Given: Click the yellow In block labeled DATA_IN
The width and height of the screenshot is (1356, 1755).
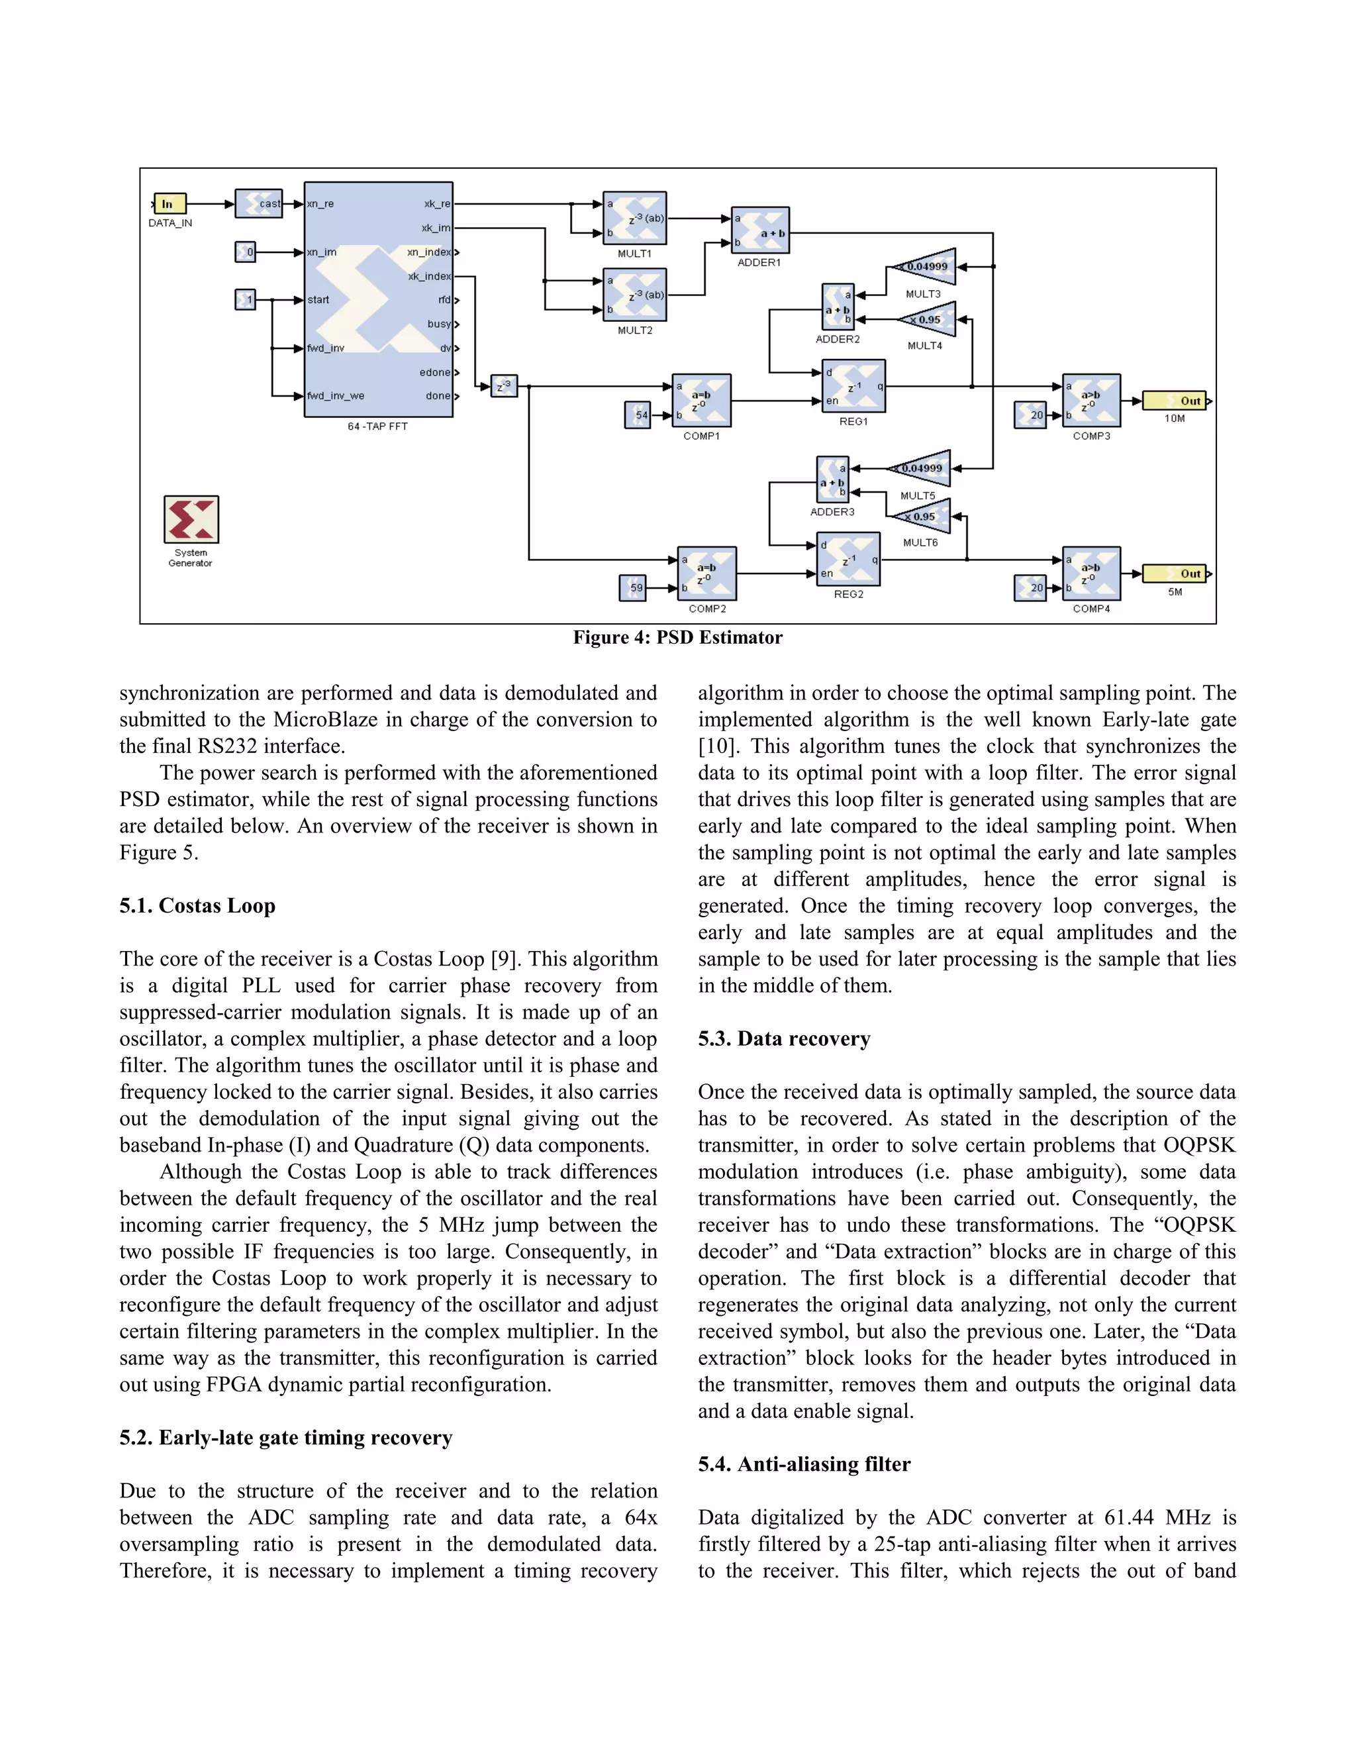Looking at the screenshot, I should (x=169, y=203).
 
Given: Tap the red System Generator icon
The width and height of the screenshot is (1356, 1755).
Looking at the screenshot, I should (x=191, y=519).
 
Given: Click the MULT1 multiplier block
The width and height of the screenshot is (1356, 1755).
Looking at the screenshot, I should (x=634, y=218).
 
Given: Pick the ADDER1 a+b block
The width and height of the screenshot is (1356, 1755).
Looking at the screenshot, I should (x=760, y=230).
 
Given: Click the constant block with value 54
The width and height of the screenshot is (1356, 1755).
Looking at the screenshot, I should (x=638, y=415).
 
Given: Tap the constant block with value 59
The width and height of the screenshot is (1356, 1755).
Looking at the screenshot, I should (x=633, y=587).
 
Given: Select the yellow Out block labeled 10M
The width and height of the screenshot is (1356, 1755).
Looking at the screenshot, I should (x=1175, y=400).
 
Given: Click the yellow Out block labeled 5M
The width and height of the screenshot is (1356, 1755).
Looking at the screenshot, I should (x=1175, y=574).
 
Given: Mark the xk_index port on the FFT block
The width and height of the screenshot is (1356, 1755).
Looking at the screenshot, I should (x=430, y=276).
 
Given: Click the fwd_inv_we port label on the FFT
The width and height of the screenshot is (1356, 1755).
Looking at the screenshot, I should (x=336, y=396).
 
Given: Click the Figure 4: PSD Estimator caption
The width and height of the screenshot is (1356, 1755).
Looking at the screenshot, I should (x=677, y=638).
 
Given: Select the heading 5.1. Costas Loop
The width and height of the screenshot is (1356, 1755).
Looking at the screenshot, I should (x=197, y=905).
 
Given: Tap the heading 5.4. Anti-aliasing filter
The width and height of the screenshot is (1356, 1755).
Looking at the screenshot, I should (x=804, y=1464).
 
